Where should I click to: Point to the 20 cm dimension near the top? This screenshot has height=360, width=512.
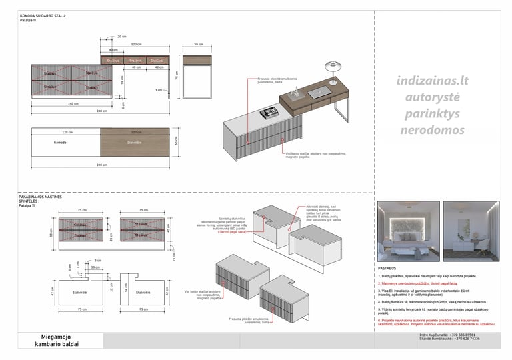tap(121, 36)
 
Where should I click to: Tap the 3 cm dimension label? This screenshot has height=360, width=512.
tap(159, 89)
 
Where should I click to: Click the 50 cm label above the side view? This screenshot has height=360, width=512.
tap(198, 44)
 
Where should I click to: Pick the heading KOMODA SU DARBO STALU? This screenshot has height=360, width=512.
tap(43, 15)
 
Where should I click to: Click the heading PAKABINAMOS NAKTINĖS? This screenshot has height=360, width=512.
tap(41, 197)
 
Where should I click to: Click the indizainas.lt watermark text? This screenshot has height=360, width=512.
tap(432, 82)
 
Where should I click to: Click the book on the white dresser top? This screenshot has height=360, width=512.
tap(268, 112)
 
